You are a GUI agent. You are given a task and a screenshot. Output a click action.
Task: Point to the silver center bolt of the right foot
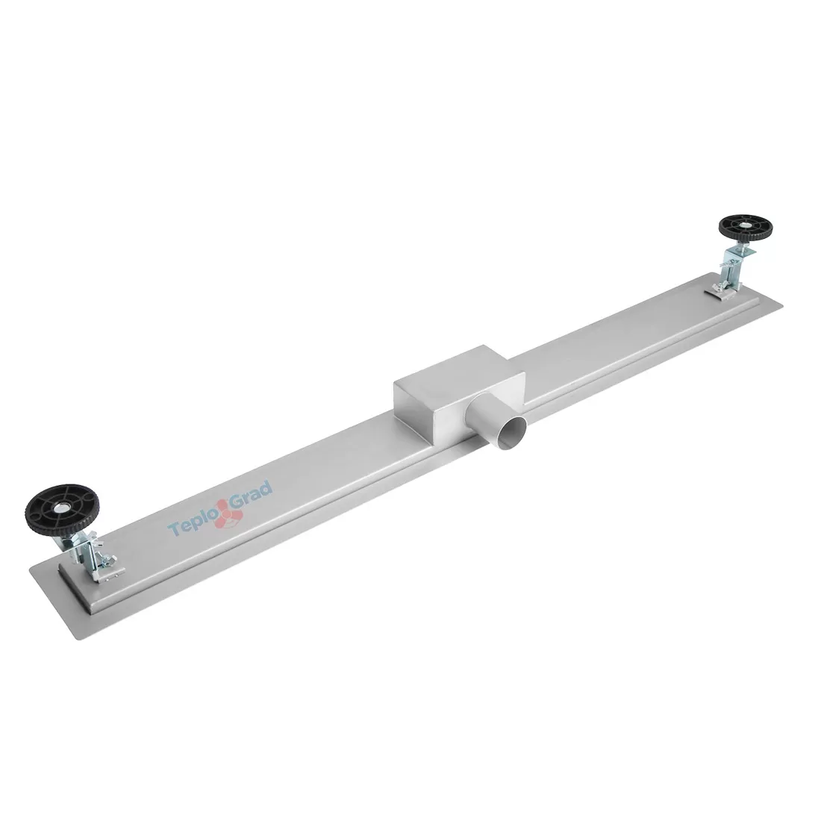coord(744,227)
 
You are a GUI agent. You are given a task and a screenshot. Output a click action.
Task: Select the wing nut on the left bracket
coord(111,561)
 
